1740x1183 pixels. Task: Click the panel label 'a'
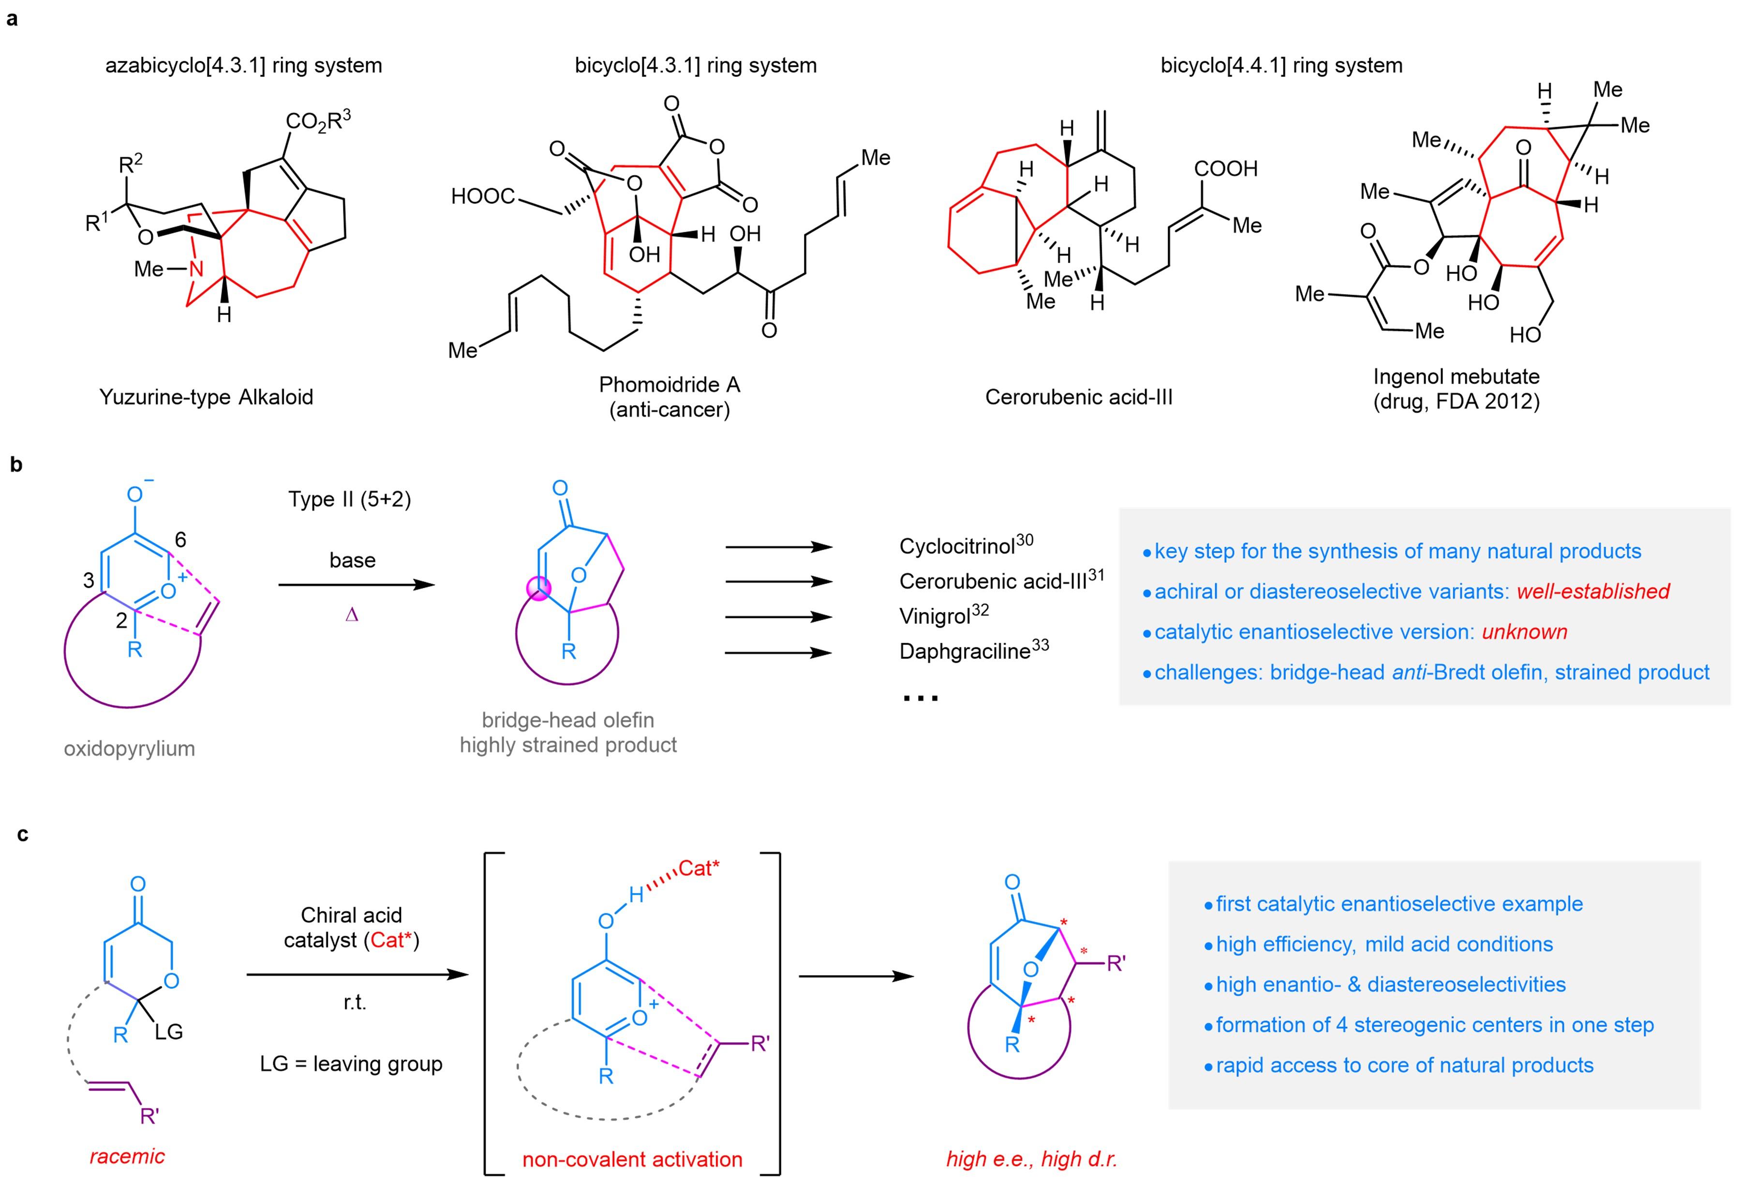12,19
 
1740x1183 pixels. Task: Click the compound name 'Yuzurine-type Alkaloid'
206,397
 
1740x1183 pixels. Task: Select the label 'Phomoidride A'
669,384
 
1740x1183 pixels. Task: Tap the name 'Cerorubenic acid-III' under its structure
1078,397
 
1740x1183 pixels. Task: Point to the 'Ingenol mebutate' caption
1456,376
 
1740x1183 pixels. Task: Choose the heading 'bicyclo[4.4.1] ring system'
1281,65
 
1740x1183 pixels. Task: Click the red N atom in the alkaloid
196,268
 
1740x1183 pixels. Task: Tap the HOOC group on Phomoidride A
483,196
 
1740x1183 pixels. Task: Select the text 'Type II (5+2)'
350,499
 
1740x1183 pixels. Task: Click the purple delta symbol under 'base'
352,615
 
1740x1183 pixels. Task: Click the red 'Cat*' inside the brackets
699,869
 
